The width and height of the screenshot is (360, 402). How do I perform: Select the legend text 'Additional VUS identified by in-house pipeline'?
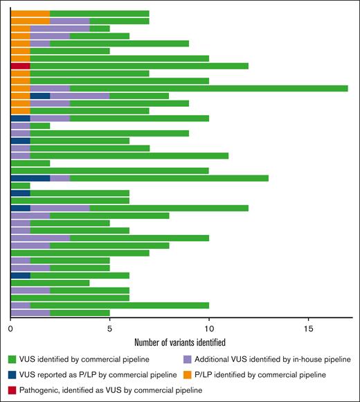(272, 358)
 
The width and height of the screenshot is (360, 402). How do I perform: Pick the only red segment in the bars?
(20, 66)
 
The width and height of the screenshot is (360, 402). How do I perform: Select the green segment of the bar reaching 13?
(169, 178)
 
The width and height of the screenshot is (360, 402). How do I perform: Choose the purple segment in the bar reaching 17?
(50, 88)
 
